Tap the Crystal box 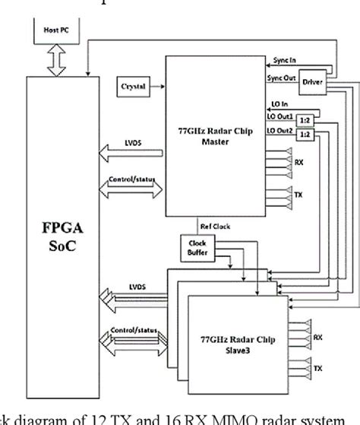134,86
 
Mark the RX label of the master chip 298,162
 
